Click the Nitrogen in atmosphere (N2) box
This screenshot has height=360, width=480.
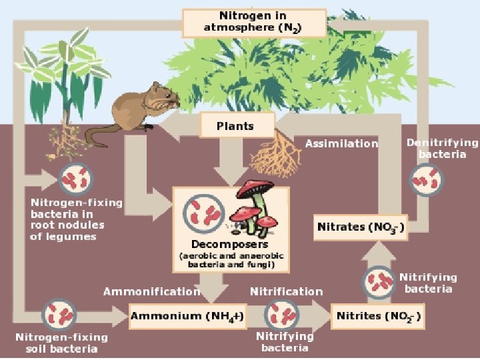254,23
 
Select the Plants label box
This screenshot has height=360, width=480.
235,125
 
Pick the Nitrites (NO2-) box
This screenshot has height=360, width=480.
378,315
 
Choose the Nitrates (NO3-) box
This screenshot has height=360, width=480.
360,227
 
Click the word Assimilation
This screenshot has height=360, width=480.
341,143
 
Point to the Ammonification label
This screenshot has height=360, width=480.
151,291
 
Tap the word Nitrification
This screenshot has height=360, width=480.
286,291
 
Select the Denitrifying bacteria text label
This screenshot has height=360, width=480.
442,148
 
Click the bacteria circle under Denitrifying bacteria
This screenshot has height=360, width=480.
425,179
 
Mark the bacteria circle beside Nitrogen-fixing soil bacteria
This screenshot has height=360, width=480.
57,315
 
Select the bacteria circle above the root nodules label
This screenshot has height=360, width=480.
75,179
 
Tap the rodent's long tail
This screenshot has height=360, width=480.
100,137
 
